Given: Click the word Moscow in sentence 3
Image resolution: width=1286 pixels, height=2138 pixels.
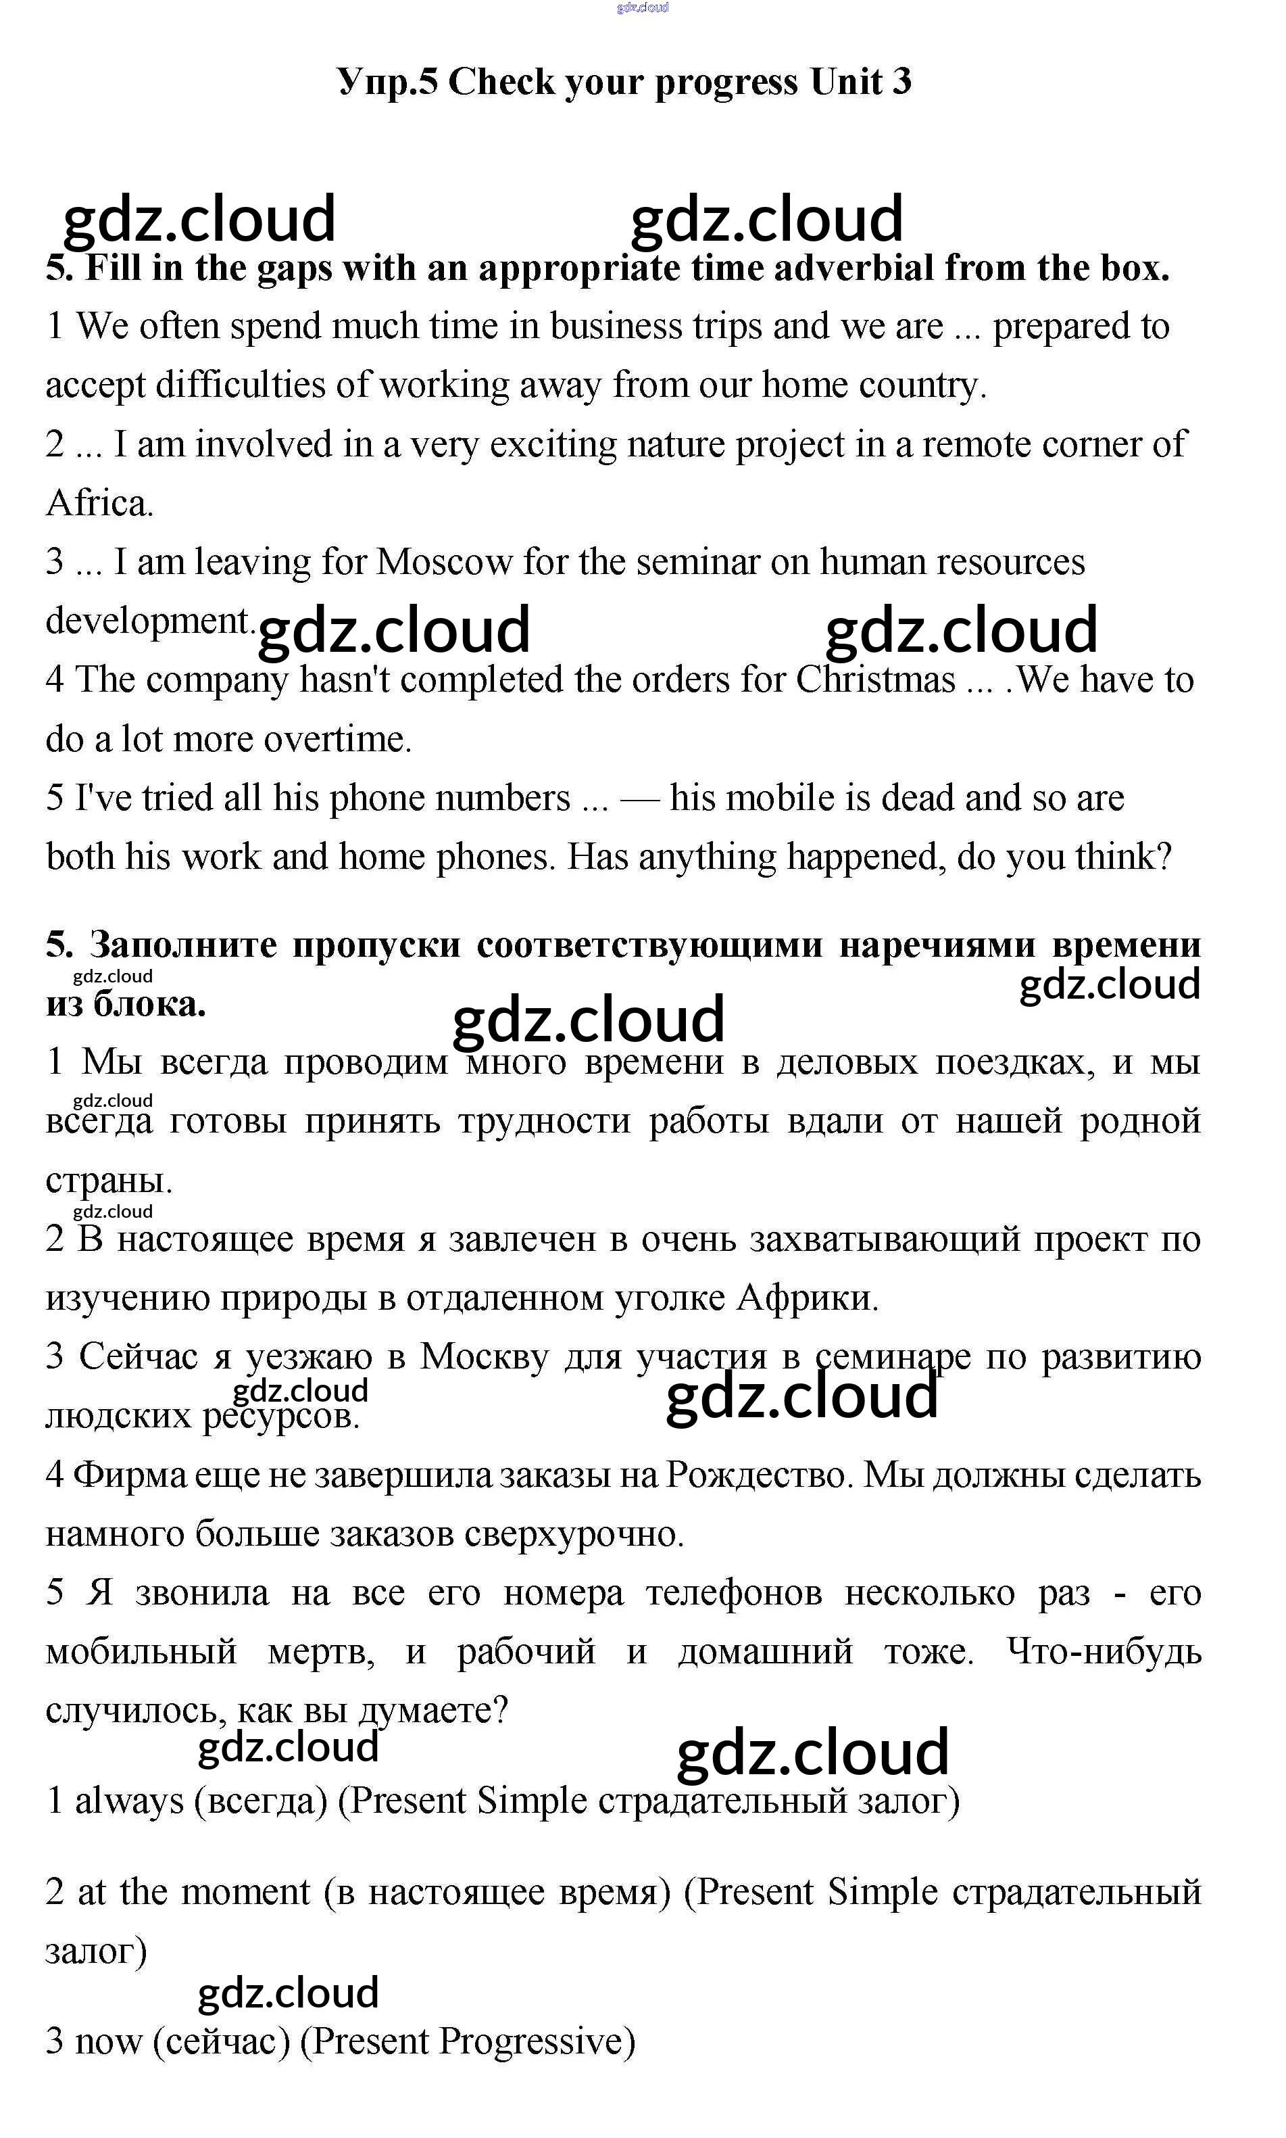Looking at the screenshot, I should point(444,563).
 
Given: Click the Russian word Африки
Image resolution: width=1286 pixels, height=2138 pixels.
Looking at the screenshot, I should point(807,1299).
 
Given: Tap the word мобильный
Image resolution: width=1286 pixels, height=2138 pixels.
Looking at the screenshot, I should point(141,1652).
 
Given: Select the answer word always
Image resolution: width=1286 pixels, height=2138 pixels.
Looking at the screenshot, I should point(129,1801).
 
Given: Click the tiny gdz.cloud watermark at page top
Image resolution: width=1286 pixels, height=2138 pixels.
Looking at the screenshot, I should point(642,8).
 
